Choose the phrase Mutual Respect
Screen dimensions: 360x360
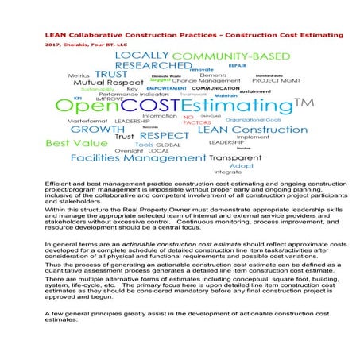pyautogui.click(x=104, y=82)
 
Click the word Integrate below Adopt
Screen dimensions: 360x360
pyautogui.click(x=228, y=172)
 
